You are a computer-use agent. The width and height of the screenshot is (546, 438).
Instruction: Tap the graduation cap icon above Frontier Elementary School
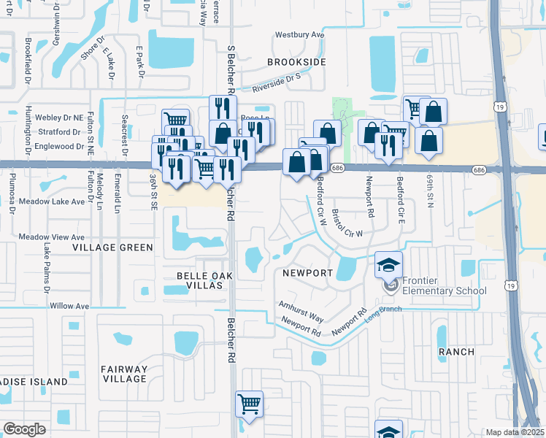click(389, 265)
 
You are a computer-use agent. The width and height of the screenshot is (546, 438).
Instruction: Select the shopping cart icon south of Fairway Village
click(249, 405)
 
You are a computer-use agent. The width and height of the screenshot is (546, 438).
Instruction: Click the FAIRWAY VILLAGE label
click(124, 374)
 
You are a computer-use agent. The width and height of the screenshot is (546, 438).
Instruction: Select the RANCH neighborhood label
click(456, 352)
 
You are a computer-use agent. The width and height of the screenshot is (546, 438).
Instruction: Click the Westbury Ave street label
click(299, 35)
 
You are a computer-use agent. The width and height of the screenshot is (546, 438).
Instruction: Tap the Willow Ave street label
click(69, 306)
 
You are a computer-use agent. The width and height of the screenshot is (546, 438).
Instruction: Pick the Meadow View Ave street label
click(52, 237)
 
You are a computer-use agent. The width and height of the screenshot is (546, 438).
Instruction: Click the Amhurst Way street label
click(301, 310)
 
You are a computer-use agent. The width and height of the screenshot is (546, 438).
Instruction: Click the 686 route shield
click(337, 168)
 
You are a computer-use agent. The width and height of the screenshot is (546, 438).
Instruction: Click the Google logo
click(25, 429)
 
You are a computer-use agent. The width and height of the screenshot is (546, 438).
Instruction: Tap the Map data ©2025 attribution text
click(515, 432)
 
